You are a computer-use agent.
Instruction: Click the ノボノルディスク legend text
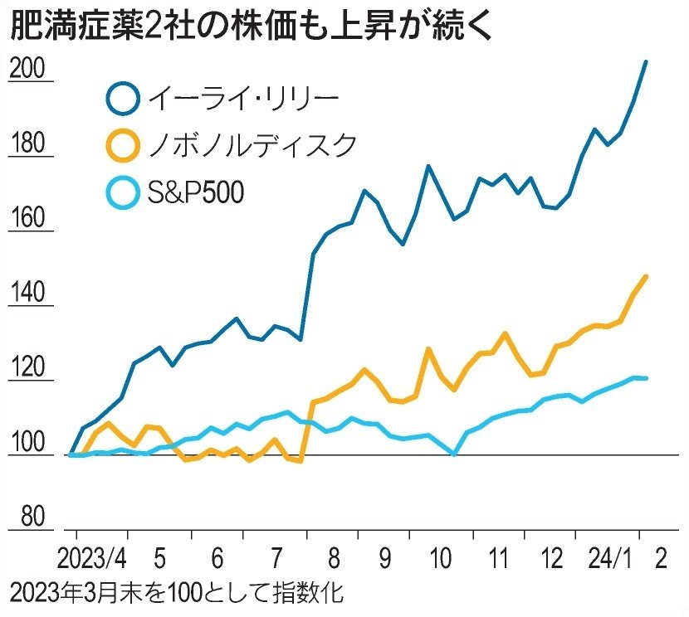pyautogui.click(x=252, y=146)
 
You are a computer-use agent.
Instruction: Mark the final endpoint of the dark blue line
pyautogui.click(x=646, y=61)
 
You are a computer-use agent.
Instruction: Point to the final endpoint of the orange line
pyautogui.click(x=646, y=276)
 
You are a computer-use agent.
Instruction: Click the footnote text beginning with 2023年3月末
pyautogui.click(x=174, y=595)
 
